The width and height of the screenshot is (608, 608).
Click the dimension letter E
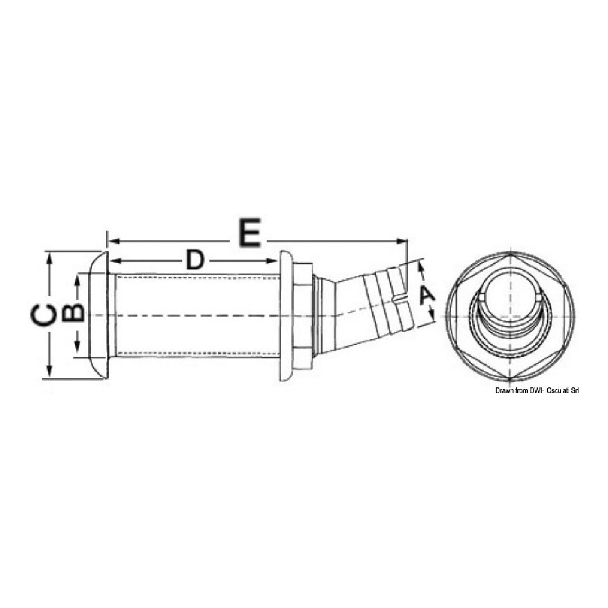pyautogui.click(x=249, y=232)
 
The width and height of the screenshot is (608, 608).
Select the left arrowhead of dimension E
pyautogui.click(x=113, y=241)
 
